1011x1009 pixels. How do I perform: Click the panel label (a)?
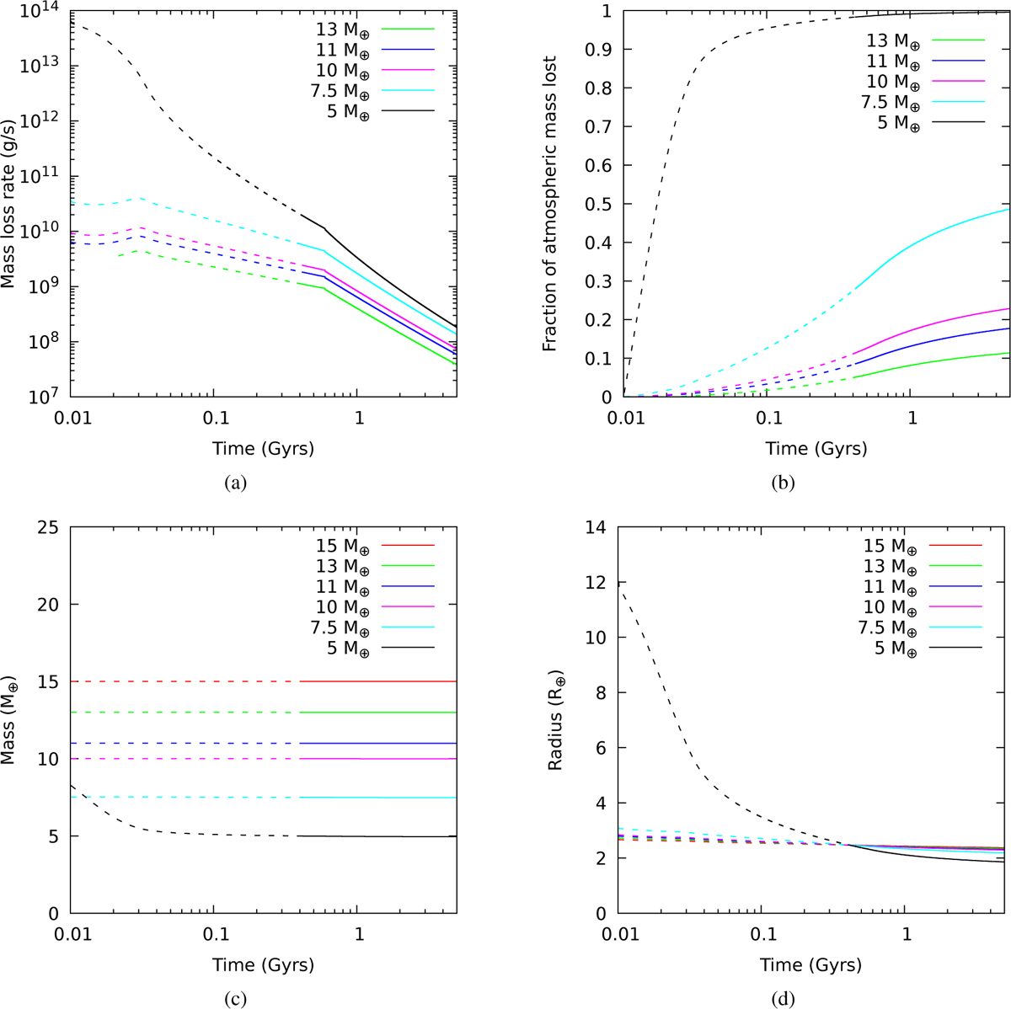coord(234,483)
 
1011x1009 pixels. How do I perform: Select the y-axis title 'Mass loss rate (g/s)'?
coord(9,203)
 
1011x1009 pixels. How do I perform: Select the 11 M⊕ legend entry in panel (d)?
coord(887,586)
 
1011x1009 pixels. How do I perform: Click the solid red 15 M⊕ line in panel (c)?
coord(379,681)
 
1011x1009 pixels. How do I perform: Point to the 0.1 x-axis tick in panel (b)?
coord(768,417)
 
